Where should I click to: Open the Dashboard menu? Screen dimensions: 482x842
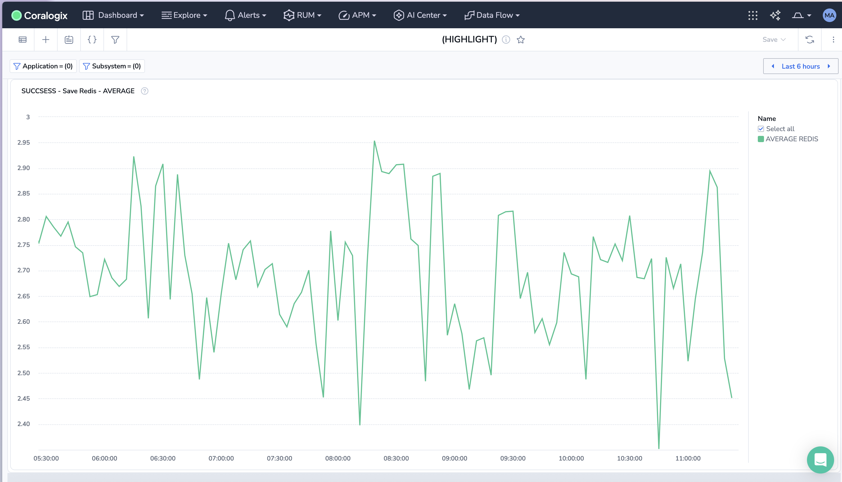(x=113, y=15)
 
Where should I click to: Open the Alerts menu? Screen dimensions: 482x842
(x=246, y=15)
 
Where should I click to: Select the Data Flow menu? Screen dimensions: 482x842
(x=492, y=15)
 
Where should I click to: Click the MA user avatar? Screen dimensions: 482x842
(x=829, y=15)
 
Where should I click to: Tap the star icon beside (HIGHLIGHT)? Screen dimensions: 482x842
(x=521, y=40)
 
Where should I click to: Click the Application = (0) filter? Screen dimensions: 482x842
(x=43, y=66)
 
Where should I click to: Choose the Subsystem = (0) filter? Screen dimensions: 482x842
(x=112, y=66)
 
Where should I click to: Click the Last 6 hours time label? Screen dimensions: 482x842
(x=801, y=67)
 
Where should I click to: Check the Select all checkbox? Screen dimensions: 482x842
(x=761, y=129)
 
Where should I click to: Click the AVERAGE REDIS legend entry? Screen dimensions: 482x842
(x=791, y=139)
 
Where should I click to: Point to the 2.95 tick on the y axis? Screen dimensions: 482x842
(x=23, y=143)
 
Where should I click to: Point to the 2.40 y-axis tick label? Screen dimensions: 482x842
(x=23, y=424)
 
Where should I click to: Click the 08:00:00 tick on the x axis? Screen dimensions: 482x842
(x=338, y=459)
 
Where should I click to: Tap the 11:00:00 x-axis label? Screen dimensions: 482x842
(x=688, y=459)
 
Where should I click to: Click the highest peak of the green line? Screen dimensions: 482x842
(x=374, y=141)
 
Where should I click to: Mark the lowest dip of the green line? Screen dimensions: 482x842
(x=659, y=448)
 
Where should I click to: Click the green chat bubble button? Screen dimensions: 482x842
(x=820, y=459)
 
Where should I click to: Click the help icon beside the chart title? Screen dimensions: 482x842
(x=145, y=91)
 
